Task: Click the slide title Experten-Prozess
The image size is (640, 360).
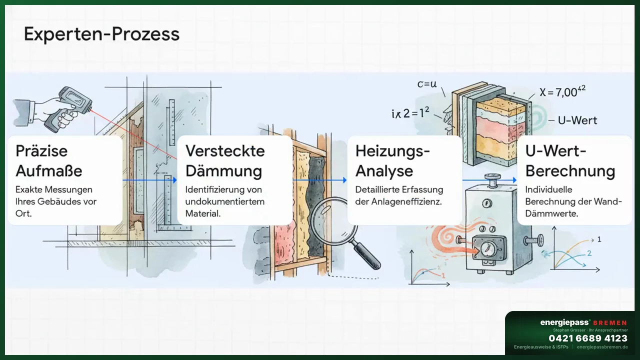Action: pyautogui.click(x=101, y=34)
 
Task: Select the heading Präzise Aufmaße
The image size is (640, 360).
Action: pyautogui.click(x=48, y=160)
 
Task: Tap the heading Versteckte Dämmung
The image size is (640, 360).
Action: pyautogui.click(x=224, y=160)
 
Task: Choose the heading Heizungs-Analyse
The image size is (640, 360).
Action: pyautogui.click(x=392, y=160)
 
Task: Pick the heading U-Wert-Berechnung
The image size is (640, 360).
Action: pyautogui.click(x=570, y=160)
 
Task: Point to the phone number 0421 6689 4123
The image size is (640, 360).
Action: pyautogui.click(x=588, y=338)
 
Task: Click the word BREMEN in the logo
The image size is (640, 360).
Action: pyautogui.click(x=609, y=323)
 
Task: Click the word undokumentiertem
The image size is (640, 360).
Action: pyautogui.click(x=225, y=201)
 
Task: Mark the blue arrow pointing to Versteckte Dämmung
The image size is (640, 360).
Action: pyautogui.click(x=150, y=179)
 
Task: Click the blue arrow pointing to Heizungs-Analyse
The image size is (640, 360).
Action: pyautogui.click(x=320, y=179)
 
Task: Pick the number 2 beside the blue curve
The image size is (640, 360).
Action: pyautogui.click(x=589, y=253)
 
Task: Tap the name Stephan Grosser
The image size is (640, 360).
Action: pyautogui.click(x=571, y=330)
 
